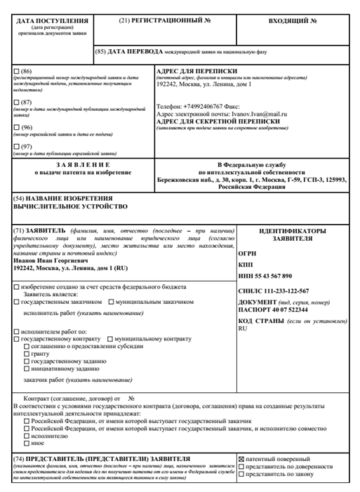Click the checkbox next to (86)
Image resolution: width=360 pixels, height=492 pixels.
tap(18, 72)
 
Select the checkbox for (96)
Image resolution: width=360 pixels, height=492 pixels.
tap(18, 128)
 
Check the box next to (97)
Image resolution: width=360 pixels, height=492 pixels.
tap(18, 146)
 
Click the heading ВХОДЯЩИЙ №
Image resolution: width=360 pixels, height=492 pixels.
tap(295, 20)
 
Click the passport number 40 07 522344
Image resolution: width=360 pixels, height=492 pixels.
tap(288, 309)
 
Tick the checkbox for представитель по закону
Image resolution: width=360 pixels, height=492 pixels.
tap(243, 475)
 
